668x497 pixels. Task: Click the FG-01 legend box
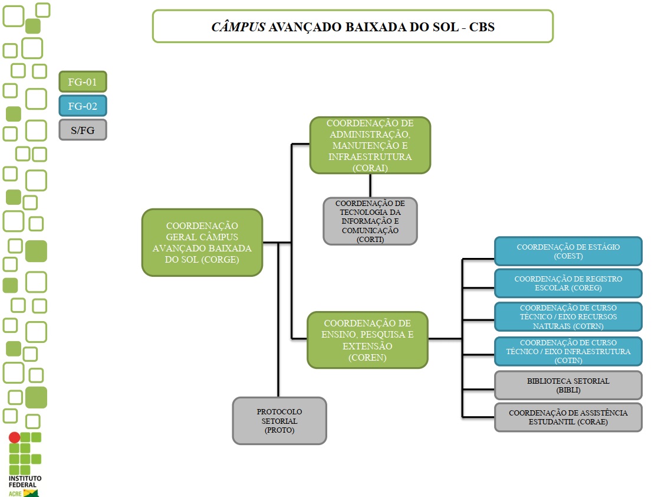[x=83, y=82]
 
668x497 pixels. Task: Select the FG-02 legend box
[x=83, y=106]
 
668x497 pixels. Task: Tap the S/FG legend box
[x=83, y=130]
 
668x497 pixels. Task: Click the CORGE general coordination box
[x=202, y=242]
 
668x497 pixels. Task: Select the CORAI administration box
[x=370, y=145]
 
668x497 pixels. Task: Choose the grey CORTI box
[x=370, y=221]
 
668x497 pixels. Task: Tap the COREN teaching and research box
[x=367, y=340]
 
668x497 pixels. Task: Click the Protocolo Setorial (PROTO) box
[x=279, y=421]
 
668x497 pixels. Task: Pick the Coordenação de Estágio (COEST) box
[x=568, y=251]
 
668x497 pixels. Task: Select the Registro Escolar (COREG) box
[x=568, y=283]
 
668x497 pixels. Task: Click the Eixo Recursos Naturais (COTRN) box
[x=568, y=317]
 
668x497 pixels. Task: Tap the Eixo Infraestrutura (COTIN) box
[x=568, y=351]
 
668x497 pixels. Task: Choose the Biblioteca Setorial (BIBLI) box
[x=568, y=385]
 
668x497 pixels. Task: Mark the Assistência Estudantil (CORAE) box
[x=568, y=417]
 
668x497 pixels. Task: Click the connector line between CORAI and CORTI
[x=370, y=185]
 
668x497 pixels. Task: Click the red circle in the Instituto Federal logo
[x=14, y=437]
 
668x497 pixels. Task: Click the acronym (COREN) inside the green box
[x=367, y=357]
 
